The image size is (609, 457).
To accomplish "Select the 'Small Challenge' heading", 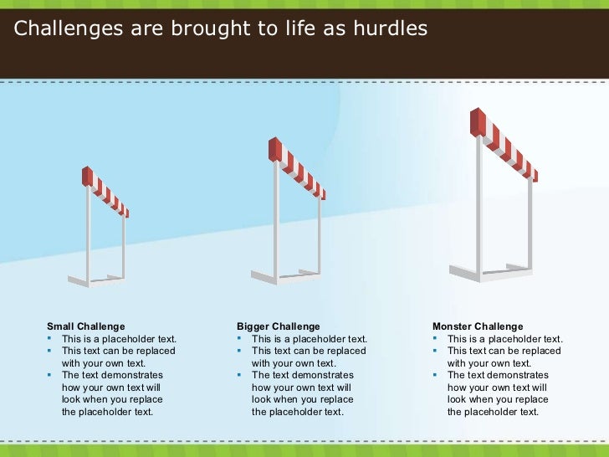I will pyautogui.click(x=85, y=326).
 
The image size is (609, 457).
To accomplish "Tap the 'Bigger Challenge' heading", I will pyautogui.click(x=278, y=326).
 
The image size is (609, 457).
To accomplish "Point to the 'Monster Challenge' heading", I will pyautogui.click(x=477, y=326).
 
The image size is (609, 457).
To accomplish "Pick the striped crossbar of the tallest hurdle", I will pyautogui.click(x=507, y=147).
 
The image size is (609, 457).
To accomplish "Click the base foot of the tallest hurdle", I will pyautogui.click(x=463, y=274).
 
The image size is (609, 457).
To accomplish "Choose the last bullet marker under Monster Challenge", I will pyautogui.click(x=436, y=375).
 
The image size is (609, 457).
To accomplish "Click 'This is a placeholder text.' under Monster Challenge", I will pyautogui.click(x=505, y=339).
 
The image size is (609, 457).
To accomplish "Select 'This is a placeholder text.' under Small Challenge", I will pyautogui.click(x=119, y=339).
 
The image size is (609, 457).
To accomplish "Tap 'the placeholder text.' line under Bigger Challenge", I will pyautogui.click(x=297, y=411).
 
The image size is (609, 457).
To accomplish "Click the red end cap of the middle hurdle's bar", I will pyautogui.click(x=273, y=149).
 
